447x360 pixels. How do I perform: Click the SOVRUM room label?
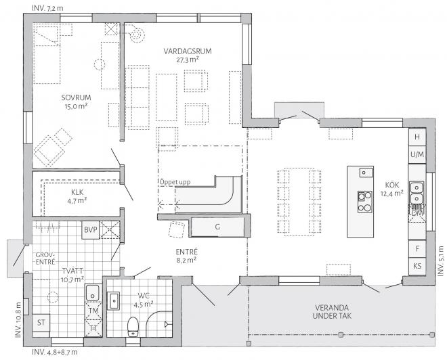point(76,97)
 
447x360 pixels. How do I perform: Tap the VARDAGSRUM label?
point(188,51)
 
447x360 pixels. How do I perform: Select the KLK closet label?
point(77,192)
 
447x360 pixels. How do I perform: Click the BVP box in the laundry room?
point(91,229)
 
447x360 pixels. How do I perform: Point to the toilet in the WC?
point(133,327)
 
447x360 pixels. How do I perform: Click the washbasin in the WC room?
point(114,300)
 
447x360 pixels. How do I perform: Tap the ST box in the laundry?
point(41,323)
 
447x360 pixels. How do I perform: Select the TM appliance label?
point(93,311)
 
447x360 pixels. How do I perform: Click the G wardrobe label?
point(217,227)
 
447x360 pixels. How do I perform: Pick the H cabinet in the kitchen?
point(417,137)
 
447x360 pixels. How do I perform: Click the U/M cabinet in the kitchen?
point(417,155)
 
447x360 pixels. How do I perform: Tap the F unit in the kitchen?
point(417,249)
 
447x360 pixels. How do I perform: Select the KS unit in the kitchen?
point(417,267)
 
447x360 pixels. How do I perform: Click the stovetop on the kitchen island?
point(365,202)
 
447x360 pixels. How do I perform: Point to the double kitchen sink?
point(417,193)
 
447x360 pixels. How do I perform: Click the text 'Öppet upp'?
point(175,182)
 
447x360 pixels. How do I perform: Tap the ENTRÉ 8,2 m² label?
point(186,256)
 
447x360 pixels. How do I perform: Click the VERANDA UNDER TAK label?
point(332,312)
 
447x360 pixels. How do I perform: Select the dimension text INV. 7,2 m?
point(47,8)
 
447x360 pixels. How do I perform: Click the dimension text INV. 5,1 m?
point(441,261)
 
